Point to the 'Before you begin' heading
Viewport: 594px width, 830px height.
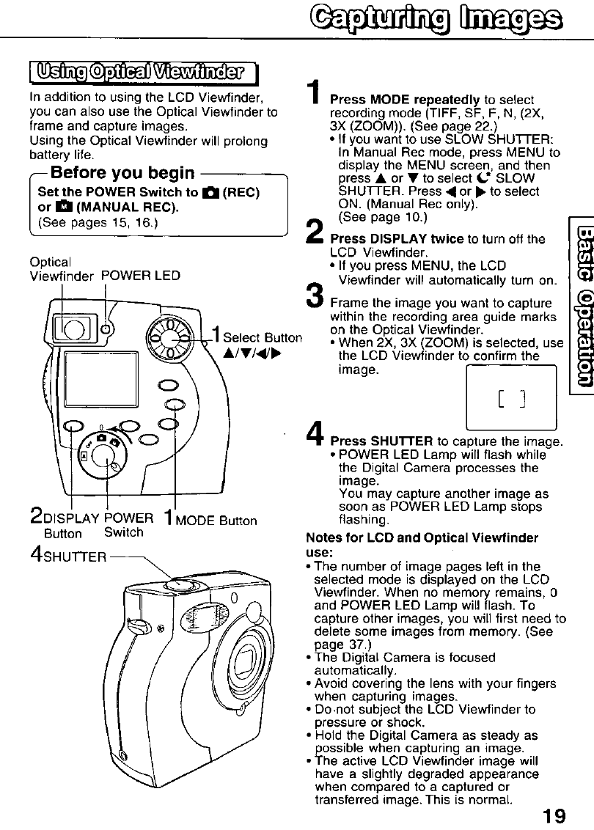(122, 173)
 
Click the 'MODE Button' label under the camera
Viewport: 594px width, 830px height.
(221, 521)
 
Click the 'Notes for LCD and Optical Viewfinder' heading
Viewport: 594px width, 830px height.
(422, 538)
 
